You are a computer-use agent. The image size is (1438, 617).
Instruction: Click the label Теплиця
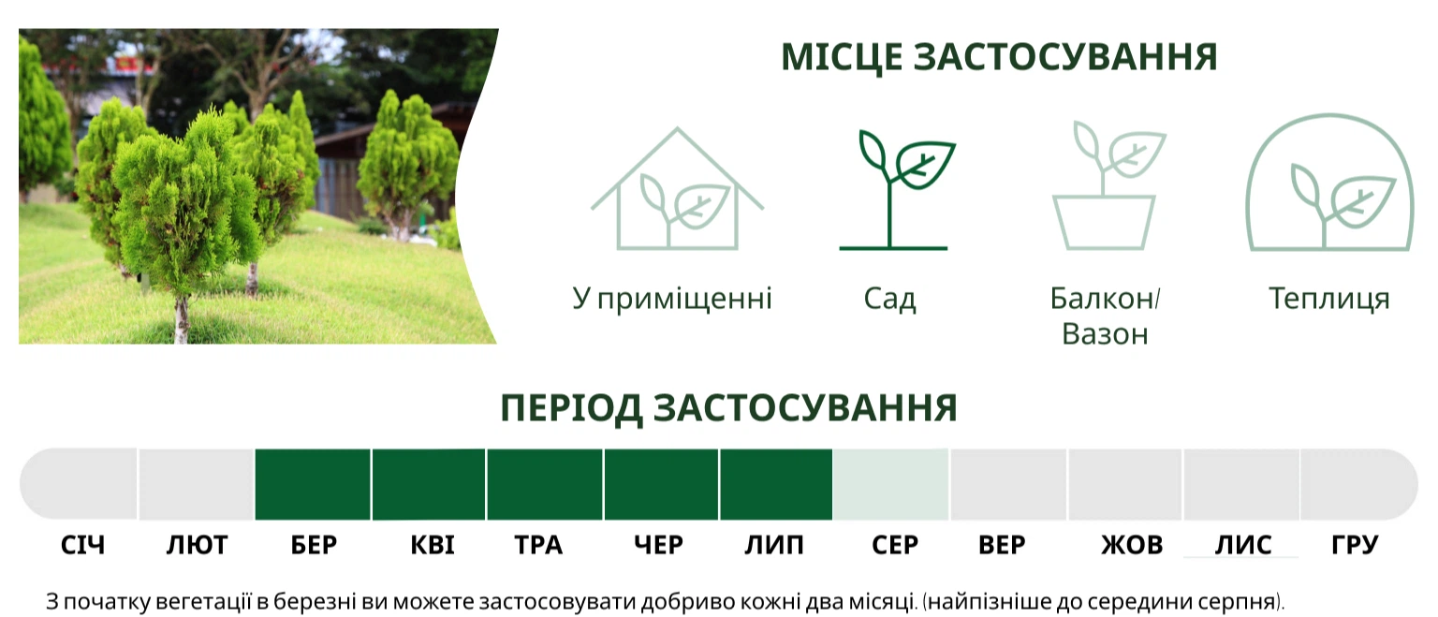coord(1328,299)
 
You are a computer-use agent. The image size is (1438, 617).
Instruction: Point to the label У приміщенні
coord(672,300)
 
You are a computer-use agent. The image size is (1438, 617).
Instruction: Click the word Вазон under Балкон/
coord(1105,334)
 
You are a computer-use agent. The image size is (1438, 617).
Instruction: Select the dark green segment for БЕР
coord(313,484)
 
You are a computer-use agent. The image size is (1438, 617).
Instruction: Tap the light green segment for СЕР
coord(890,484)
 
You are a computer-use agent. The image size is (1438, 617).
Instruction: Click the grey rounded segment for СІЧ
coord(79,484)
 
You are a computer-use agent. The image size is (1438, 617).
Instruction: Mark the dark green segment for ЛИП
coord(776,484)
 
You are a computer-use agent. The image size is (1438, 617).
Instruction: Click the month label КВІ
coord(432,545)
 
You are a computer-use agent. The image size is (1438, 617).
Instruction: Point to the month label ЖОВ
coord(1132,545)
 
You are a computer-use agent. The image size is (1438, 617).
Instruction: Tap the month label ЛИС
coord(1243,545)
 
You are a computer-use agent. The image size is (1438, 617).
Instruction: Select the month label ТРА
coord(538,545)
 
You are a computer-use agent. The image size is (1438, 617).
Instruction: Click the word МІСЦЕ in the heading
coord(842,57)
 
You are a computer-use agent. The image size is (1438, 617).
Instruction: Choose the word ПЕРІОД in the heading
coord(571,408)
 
